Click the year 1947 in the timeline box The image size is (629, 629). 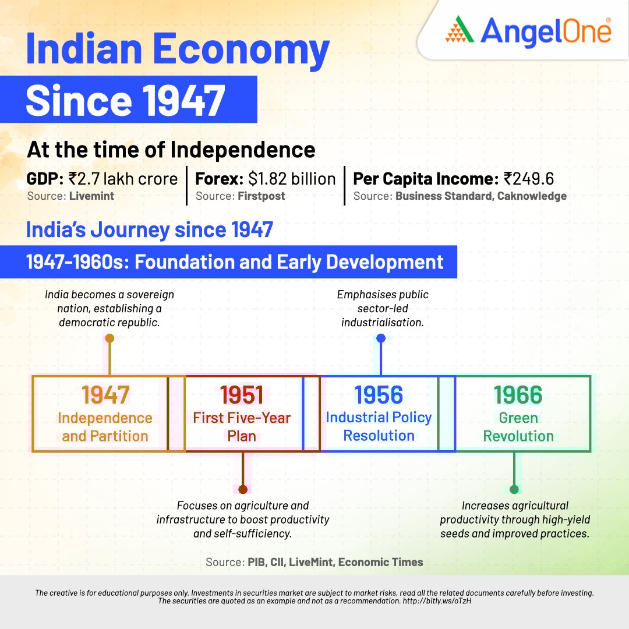click(105, 395)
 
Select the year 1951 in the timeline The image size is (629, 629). click(242, 395)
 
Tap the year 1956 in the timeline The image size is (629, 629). click(379, 395)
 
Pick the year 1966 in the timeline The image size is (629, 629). click(518, 395)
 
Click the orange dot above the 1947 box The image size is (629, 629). click(109, 338)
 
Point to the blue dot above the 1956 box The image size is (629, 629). click(381, 338)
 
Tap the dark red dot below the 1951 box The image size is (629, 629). click(243, 489)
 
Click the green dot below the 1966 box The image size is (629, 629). click(514, 489)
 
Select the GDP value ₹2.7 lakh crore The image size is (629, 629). click(123, 179)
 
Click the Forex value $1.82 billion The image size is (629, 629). click(292, 179)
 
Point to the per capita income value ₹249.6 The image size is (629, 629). click(529, 179)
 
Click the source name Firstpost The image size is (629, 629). click(261, 196)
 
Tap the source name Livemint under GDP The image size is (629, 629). click(91, 196)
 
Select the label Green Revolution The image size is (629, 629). click(518, 427)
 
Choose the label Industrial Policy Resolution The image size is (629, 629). click(379, 426)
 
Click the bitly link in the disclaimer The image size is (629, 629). click(437, 601)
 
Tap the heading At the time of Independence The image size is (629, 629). click(171, 150)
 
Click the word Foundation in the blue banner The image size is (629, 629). click(184, 262)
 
